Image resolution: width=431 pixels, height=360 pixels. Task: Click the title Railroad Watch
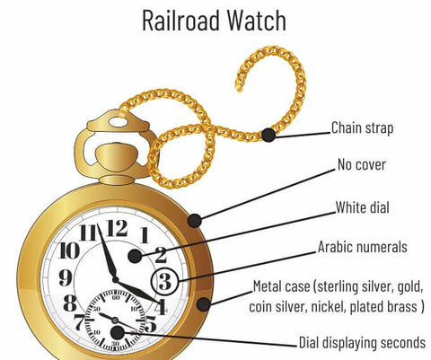point(214,21)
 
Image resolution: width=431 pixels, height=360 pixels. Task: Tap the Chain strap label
point(362,128)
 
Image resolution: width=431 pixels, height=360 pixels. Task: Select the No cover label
point(362,164)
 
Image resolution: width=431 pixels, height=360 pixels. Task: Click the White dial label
point(362,207)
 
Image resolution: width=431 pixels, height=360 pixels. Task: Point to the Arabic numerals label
point(362,247)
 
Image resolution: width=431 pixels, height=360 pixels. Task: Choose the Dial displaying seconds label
point(362,342)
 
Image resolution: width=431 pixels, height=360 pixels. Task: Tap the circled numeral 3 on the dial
point(165,281)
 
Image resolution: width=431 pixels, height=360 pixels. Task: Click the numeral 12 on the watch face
point(118,228)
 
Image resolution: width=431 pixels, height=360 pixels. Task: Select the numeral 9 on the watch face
point(66,277)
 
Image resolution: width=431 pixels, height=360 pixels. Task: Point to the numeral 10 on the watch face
point(69,250)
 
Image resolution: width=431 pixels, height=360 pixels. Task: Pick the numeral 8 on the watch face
point(70,303)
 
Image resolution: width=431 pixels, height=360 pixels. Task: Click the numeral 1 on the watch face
point(145,235)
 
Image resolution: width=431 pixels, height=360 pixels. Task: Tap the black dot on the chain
point(268,135)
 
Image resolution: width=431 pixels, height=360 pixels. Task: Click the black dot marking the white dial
point(135,256)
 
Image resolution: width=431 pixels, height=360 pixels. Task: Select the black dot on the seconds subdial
point(118,332)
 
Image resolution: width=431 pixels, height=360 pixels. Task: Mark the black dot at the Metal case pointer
point(203,304)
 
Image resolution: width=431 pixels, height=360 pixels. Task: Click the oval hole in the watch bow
point(118,122)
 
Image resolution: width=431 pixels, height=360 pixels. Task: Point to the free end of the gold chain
point(239,88)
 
